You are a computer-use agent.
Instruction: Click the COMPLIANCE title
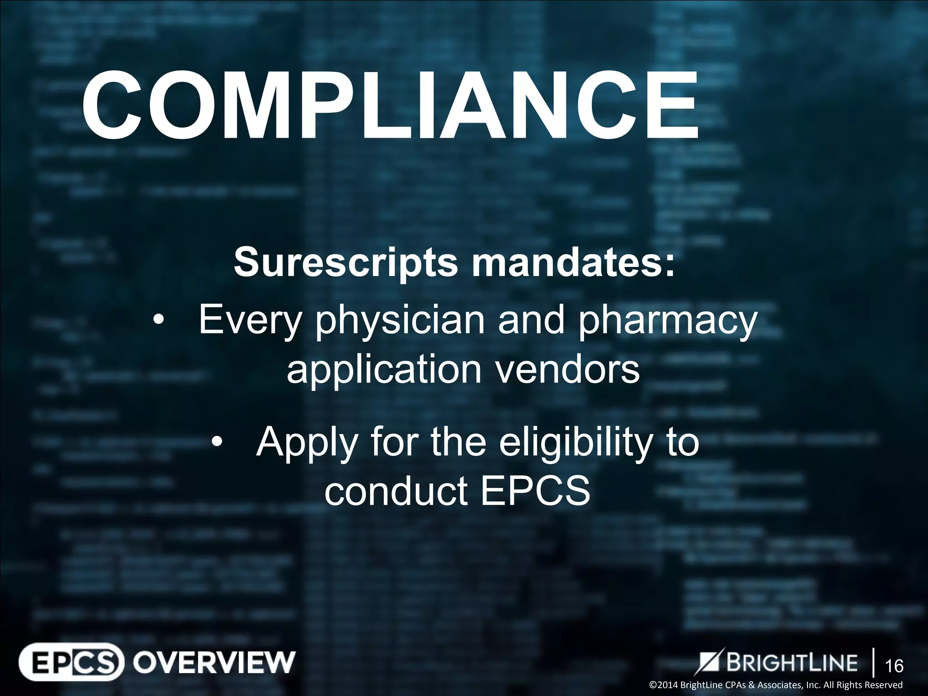tap(390, 106)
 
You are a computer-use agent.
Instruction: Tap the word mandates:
tap(573, 262)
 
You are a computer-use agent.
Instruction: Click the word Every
tap(250, 321)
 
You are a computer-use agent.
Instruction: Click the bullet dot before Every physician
tap(158, 321)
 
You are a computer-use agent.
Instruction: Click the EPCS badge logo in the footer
tap(71, 662)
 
